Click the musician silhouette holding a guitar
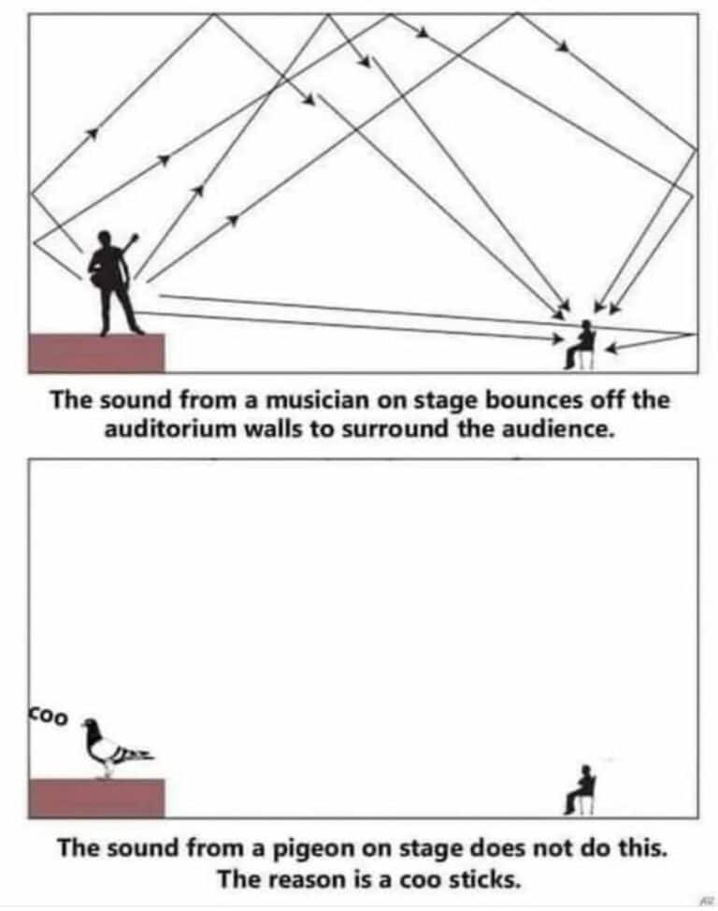click(115, 281)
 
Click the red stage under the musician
click(96, 353)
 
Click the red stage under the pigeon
click(96, 798)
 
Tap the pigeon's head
click(90, 725)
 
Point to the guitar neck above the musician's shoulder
click(132, 243)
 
